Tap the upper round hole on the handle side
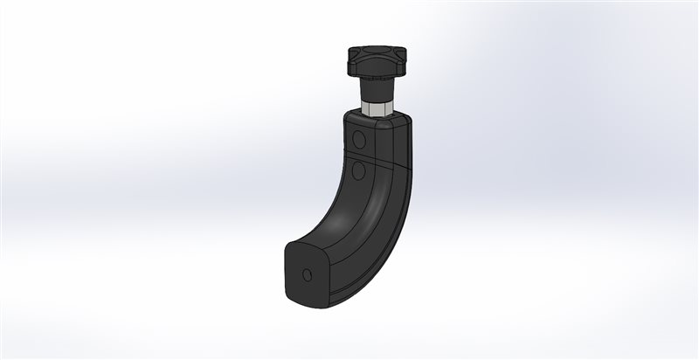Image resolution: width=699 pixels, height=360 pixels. point(358,140)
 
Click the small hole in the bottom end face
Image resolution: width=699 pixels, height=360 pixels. point(306,275)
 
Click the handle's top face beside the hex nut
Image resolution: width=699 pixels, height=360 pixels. point(398,120)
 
